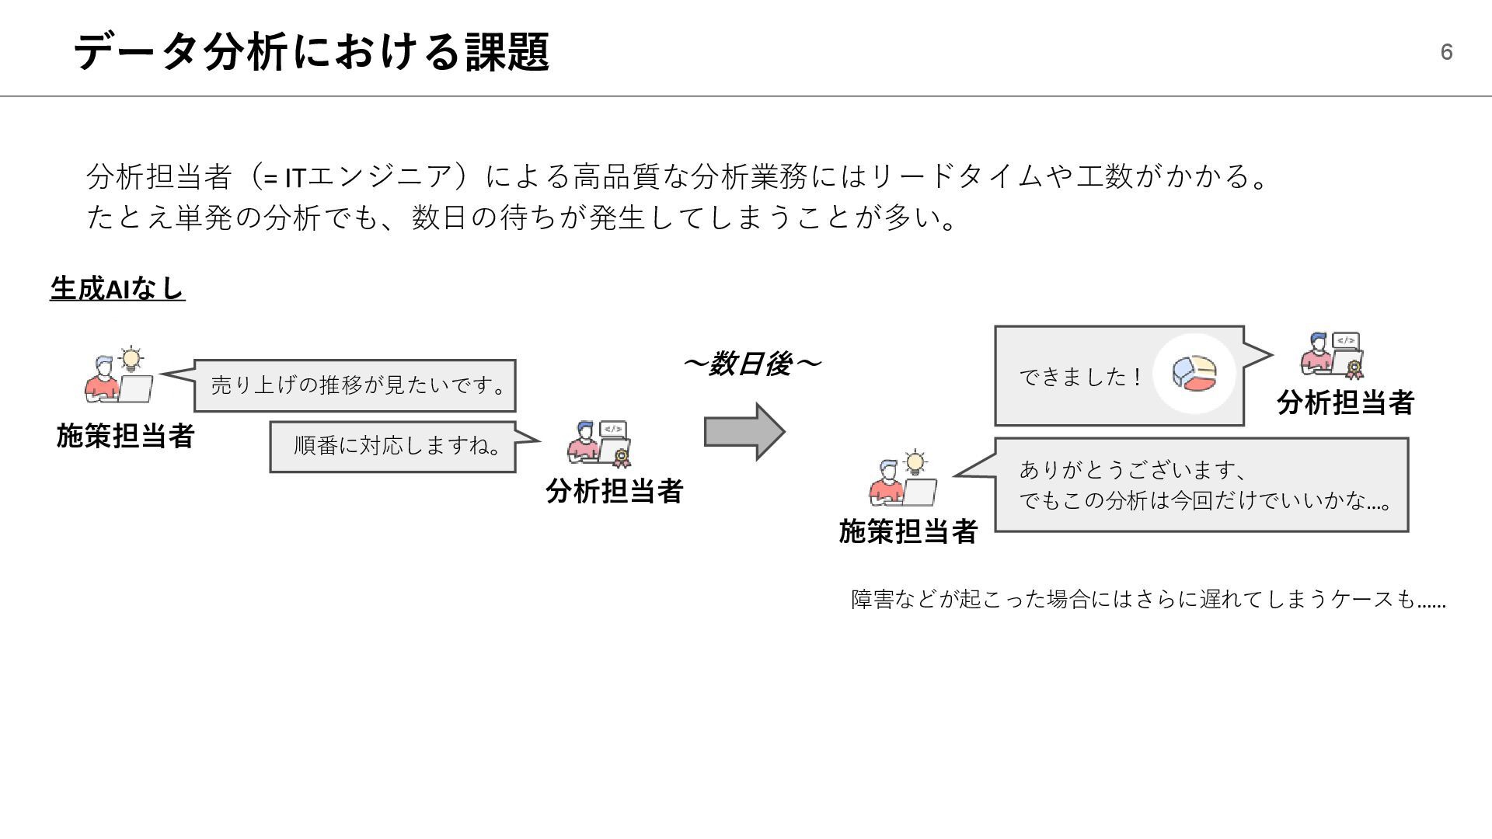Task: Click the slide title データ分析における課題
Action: click(311, 52)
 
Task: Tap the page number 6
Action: click(1446, 52)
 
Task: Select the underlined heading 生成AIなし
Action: click(117, 288)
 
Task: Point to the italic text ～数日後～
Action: click(751, 364)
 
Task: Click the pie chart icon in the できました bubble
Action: click(1194, 374)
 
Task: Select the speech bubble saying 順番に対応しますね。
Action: click(393, 446)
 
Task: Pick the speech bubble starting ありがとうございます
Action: click(1201, 485)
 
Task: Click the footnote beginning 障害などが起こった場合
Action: click(1148, 600)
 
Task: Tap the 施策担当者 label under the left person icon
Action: click(125, 436)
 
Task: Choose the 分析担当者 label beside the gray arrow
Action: click(614, 491)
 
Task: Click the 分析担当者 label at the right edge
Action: click(1345, 402)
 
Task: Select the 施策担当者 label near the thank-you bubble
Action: click(908, 531)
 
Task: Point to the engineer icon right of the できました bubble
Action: click(1333, 356)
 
